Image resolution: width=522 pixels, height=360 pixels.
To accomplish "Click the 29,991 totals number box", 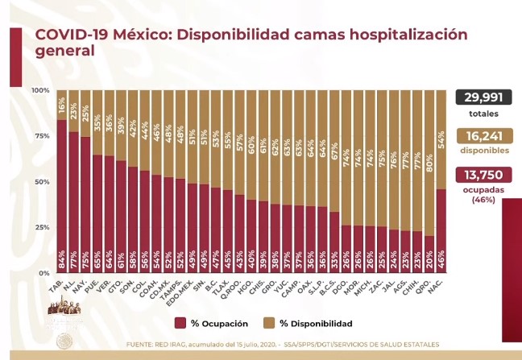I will click(486, 98).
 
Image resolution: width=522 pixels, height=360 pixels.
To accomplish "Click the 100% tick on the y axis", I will click(40, 90).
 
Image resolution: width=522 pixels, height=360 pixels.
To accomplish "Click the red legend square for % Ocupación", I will click(180, 323).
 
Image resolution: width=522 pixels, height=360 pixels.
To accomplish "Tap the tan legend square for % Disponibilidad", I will click(272, 323).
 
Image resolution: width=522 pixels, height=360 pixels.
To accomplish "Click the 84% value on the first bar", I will click(62, 261).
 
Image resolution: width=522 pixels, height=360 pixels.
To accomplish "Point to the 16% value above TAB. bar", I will click(62, 104).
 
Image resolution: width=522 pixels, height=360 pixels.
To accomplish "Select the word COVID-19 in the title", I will click(73, 35).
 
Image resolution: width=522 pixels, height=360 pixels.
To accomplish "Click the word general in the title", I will click(64, 52).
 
